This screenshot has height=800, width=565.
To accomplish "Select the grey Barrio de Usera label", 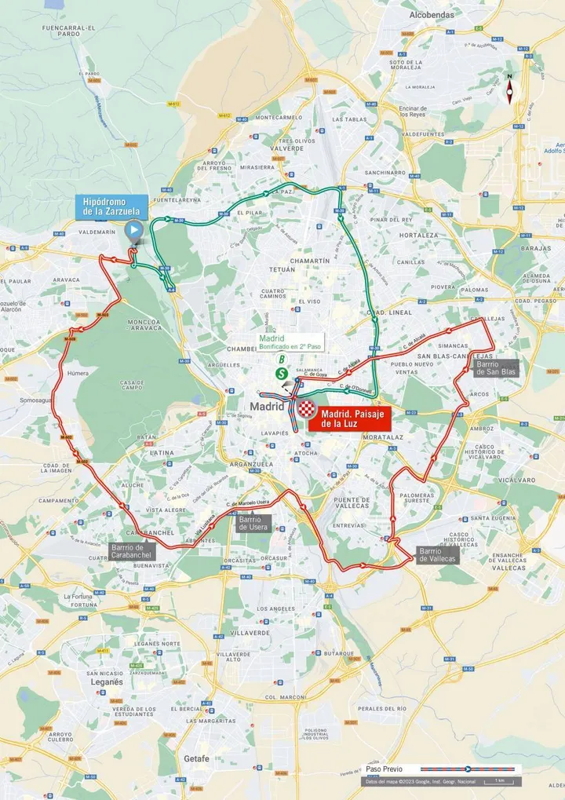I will (x=254, y=524).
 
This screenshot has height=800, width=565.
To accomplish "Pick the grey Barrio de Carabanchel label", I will (x=132, y=551).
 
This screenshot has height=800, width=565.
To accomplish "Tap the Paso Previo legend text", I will (x=385, y=769).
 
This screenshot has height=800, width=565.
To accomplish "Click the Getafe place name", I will (x=196, y=758).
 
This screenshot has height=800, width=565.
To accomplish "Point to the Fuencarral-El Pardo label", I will (x=68, y=30).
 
